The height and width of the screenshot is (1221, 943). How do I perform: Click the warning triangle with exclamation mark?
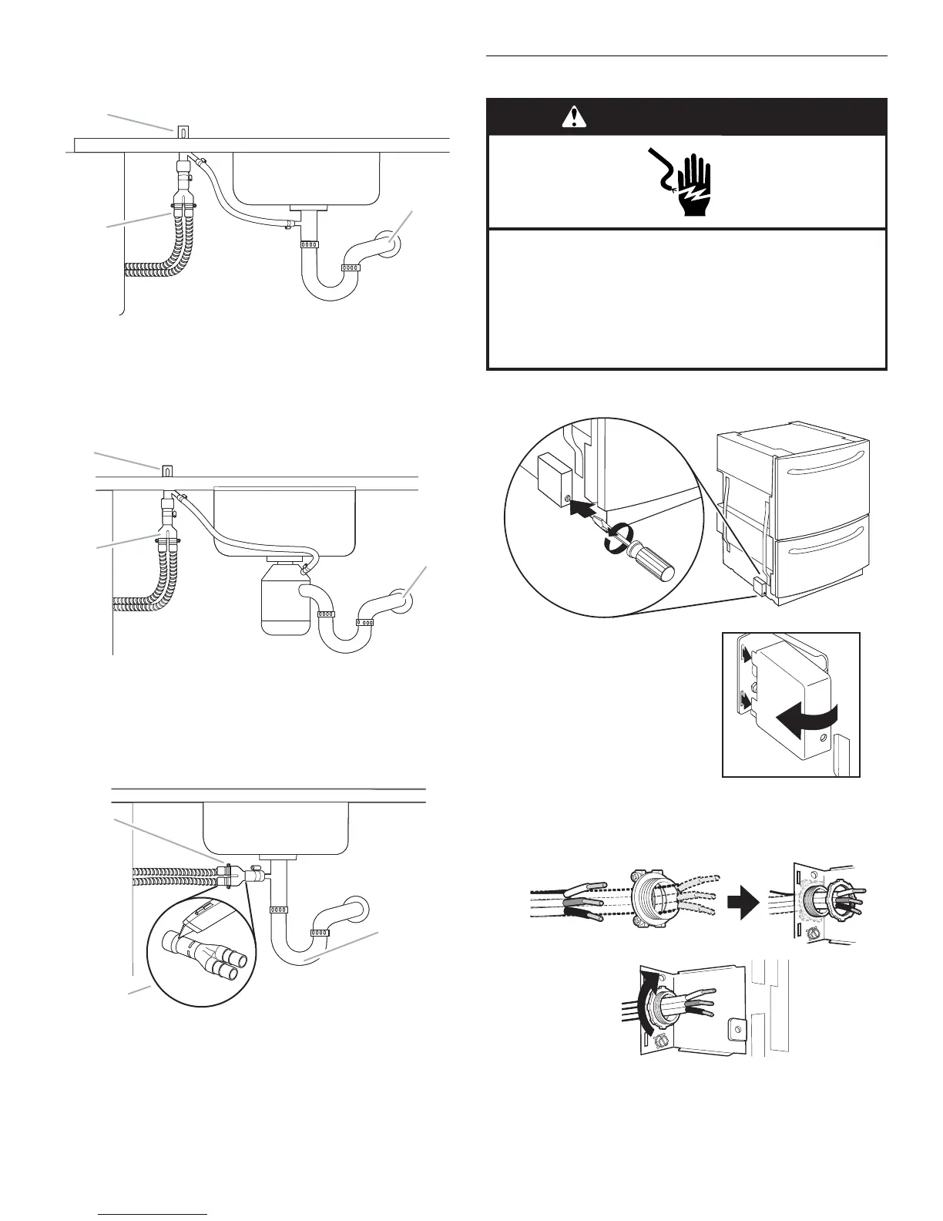click(573, 116)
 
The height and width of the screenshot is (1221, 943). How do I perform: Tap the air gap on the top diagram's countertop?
click(183, 131)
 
